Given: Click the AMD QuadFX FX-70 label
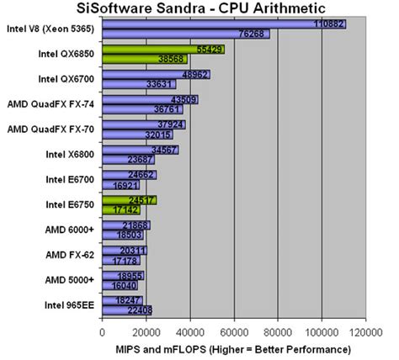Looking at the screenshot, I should coord(54,130).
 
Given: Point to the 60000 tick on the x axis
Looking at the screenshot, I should coord(234,331).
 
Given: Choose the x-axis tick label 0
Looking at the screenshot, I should coord(103,331).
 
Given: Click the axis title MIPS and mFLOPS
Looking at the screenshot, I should coord(232,348).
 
